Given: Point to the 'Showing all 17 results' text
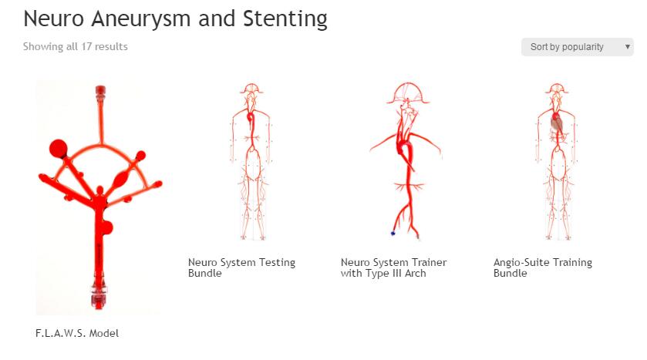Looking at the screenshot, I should click(x=76, y=46).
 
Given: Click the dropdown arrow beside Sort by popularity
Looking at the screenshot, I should click(x=628, y=47).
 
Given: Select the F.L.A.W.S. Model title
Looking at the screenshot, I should click(x=77, y=333).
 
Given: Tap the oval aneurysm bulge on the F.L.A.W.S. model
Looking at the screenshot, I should click(x=122, y=179).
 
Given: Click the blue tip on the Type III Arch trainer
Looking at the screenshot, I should click(x=393, y=233).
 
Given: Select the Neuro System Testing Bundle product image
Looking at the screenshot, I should click(x=251, y=162).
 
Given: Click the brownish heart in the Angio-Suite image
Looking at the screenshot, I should click(x=557, y=123).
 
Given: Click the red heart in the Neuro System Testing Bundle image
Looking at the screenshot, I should click(x=251, y=119).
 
